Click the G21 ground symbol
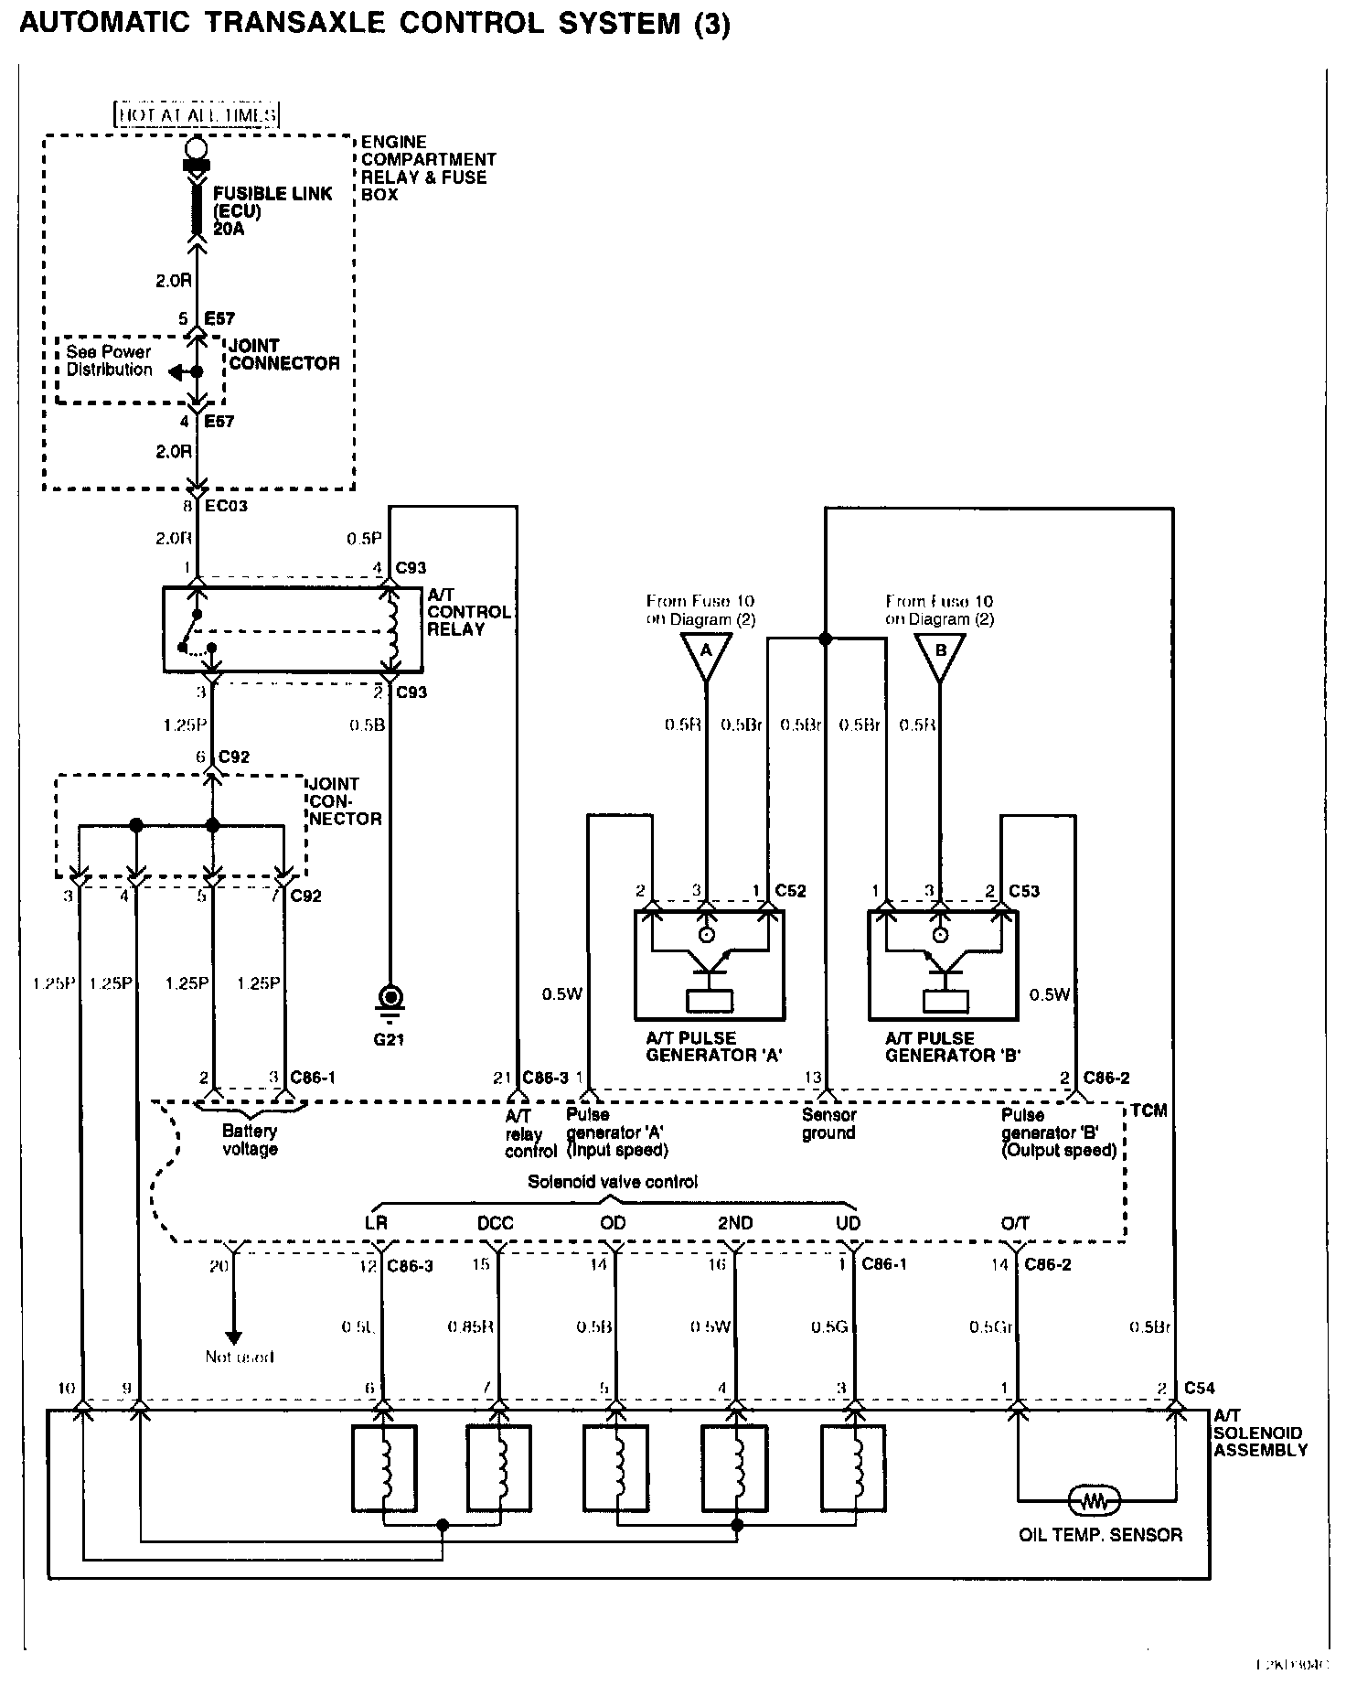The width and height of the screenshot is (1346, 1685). tap(390, 999)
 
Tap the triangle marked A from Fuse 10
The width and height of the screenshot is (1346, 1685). tap(706, 654)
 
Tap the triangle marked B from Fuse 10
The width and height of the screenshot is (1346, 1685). tap(939, 654)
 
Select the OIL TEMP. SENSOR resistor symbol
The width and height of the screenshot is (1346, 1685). tap(1095, 1499)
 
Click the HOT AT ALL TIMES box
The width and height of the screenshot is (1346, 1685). tap(198, 115)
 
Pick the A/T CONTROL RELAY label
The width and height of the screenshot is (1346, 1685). tap(468, 612)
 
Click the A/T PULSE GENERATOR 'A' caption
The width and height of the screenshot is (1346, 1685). tap(712, 1046)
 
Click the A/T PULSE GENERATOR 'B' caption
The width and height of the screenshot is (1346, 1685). tap(952, 1046)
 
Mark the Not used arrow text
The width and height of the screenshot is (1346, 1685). tap(239, 1357)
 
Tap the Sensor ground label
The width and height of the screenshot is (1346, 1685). tap(828, 1123)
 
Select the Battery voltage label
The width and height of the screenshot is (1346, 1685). tap(250, 1140)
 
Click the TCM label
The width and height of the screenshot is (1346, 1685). tap(1148, 1111)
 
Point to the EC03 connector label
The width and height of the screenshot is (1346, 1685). tap(226, 506)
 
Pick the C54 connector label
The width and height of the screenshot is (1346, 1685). tap(1199, 1388)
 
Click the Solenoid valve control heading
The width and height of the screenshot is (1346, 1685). tap(612, 1182)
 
